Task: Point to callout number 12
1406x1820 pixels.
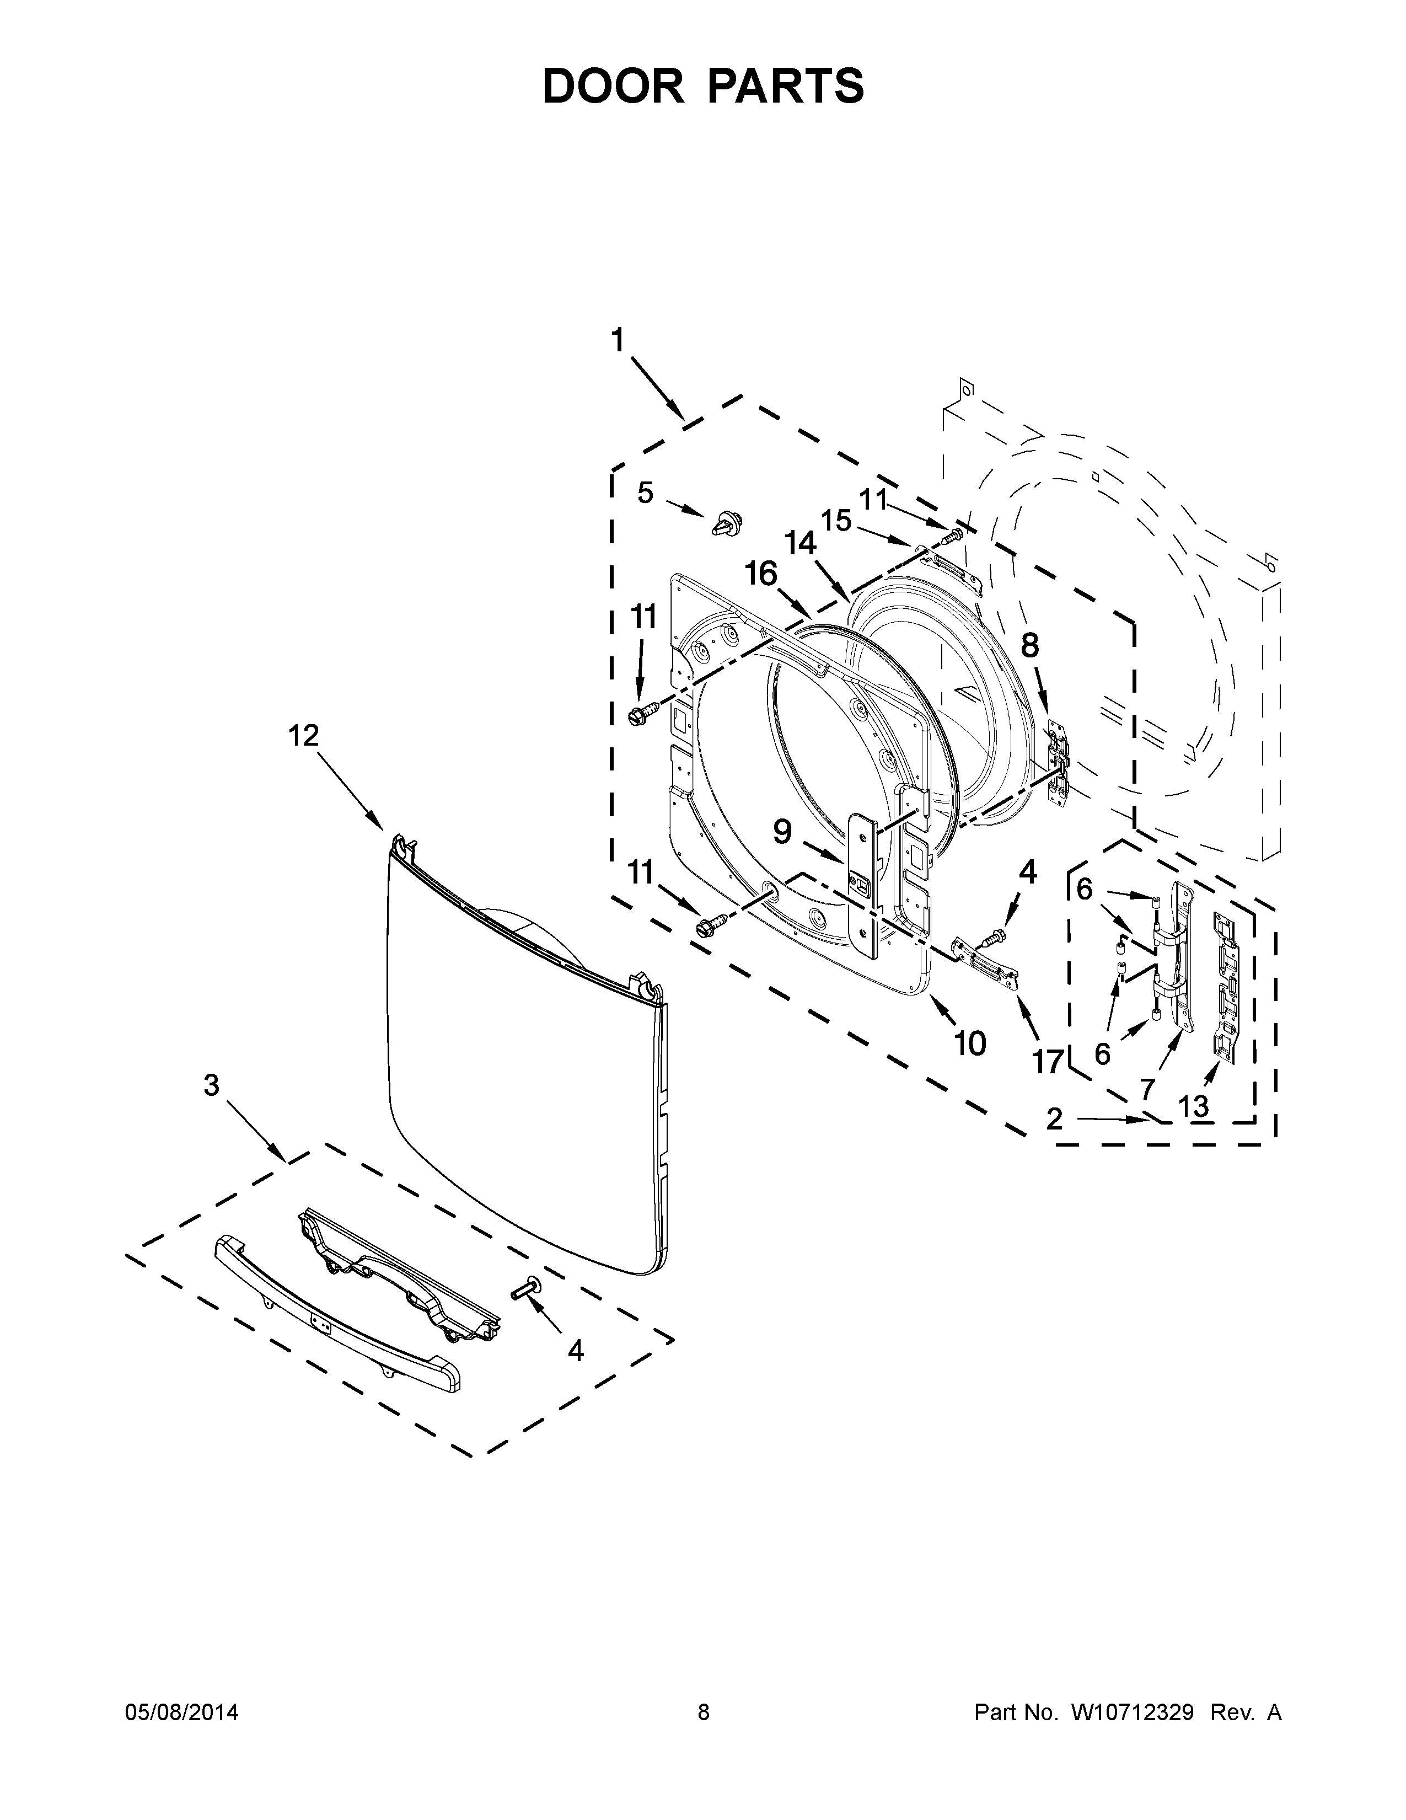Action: [x=304, y=736]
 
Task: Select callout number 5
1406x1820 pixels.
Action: [x=646, y=493]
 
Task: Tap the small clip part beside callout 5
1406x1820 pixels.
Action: [x=726, y=524]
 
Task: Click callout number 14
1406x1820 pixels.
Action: [x=801, y=544]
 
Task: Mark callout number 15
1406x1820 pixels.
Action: [x=836, y=521]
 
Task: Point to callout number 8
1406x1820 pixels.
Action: [x=1031, y=645]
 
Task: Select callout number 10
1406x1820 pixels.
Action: [x=969, y=1042]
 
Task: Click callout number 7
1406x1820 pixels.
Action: [x=1148, y=1088]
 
